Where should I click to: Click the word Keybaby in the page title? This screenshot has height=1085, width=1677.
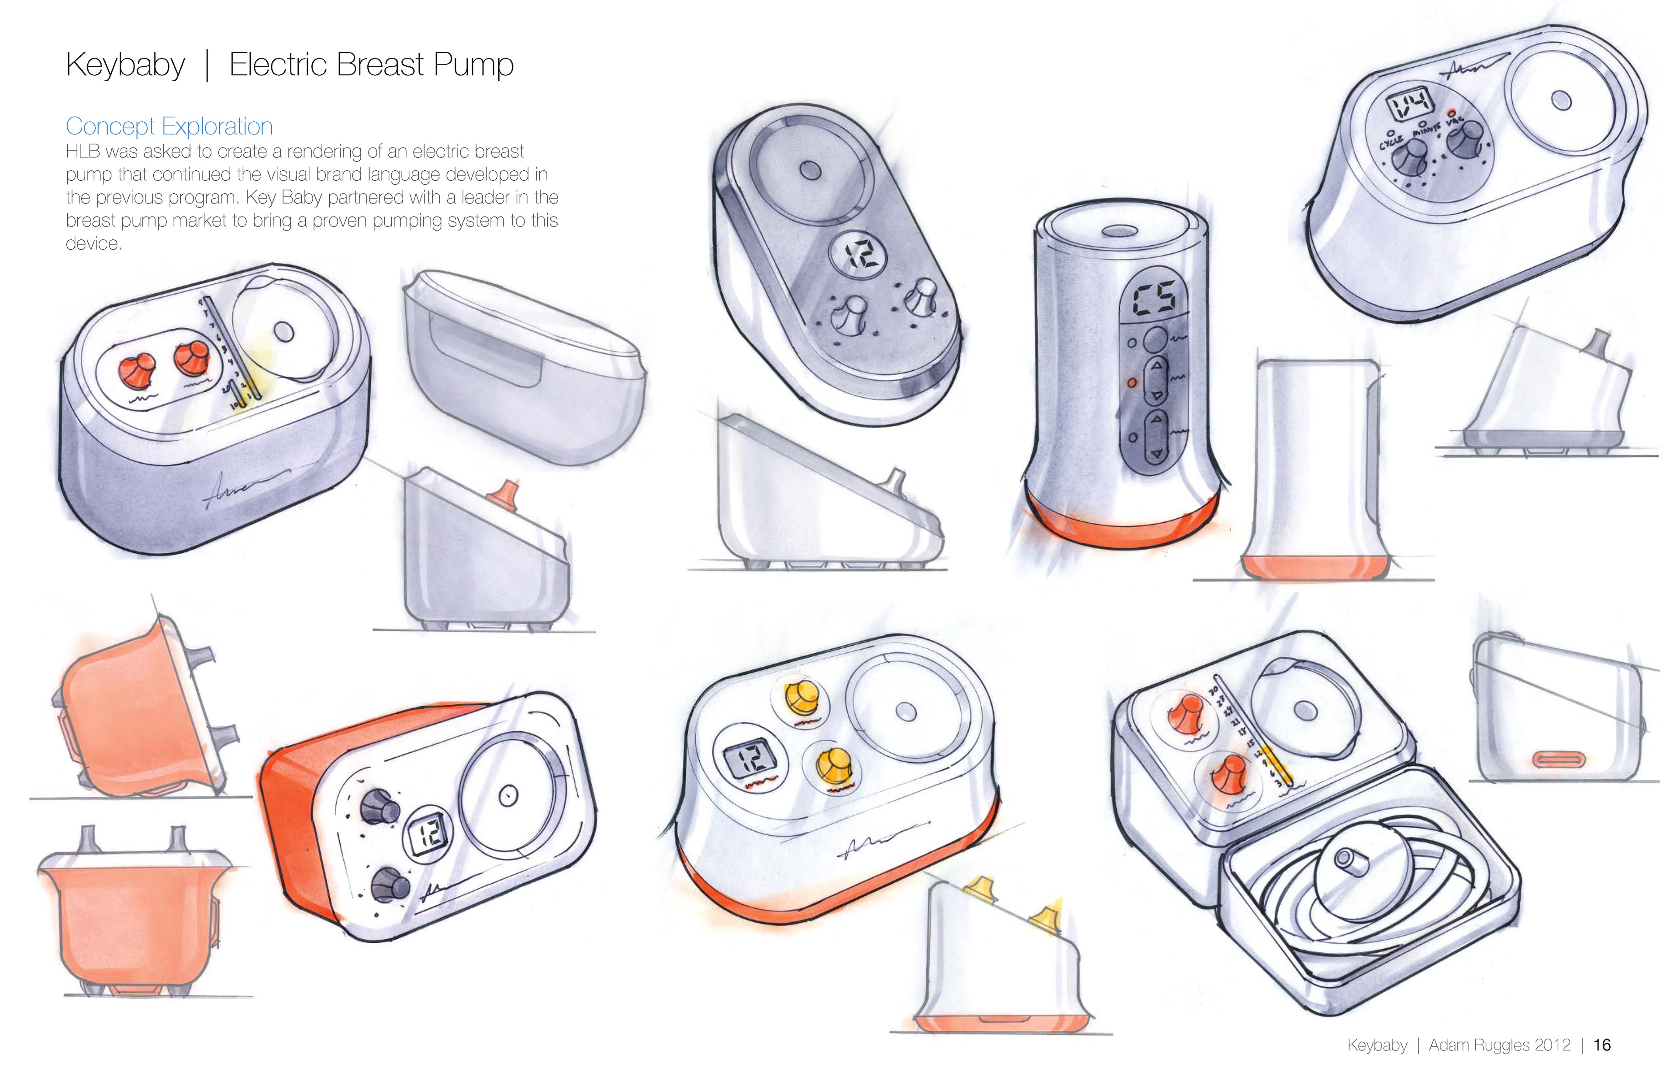pyautogui.click(x=125, y=65)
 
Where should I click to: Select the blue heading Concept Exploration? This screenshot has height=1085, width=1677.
pyautogui.click(x=169, y=126)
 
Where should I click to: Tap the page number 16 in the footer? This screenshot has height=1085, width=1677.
pyautogui.click(x=1601, y=1045)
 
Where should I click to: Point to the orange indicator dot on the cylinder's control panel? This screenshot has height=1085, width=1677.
pyautogui.click(x=1132, y=382)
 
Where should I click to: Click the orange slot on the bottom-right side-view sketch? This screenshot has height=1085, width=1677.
pyautogui.click(x=1559, y=760)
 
